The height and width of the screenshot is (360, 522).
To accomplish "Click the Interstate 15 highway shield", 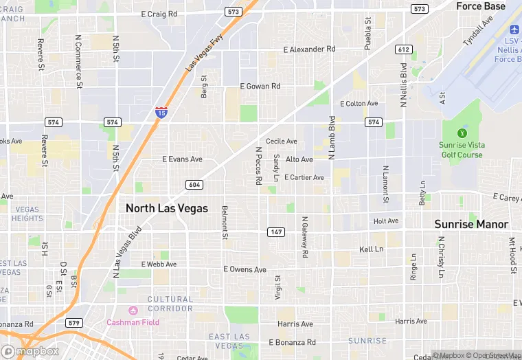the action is tap(161, 111).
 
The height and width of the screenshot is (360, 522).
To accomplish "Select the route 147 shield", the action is tap(275, 232).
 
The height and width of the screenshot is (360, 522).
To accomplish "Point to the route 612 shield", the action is tap(402, 49).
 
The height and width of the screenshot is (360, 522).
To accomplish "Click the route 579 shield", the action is tap(74, 322).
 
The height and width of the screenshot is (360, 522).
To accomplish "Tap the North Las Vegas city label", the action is tap(166, 208).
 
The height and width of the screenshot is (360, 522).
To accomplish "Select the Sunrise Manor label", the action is tap(471, 224).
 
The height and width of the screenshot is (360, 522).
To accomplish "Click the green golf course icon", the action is tap(462, 133).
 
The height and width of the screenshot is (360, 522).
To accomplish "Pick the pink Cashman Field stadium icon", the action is tap(133, 311).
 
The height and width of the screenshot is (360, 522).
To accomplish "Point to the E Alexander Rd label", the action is tap(309, 49).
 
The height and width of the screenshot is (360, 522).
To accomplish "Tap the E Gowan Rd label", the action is tap(260, 87).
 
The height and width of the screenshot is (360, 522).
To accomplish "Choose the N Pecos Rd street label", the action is tap(259, 165).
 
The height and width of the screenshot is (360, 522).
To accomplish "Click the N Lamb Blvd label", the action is tap(332, 137).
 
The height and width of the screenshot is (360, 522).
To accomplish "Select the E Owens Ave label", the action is tap(245, 270).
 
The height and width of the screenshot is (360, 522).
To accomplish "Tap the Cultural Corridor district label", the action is tap(170, 304).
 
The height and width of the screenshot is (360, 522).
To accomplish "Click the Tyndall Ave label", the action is tap(479, 32).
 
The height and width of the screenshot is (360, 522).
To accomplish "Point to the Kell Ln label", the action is tap(371, 249).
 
